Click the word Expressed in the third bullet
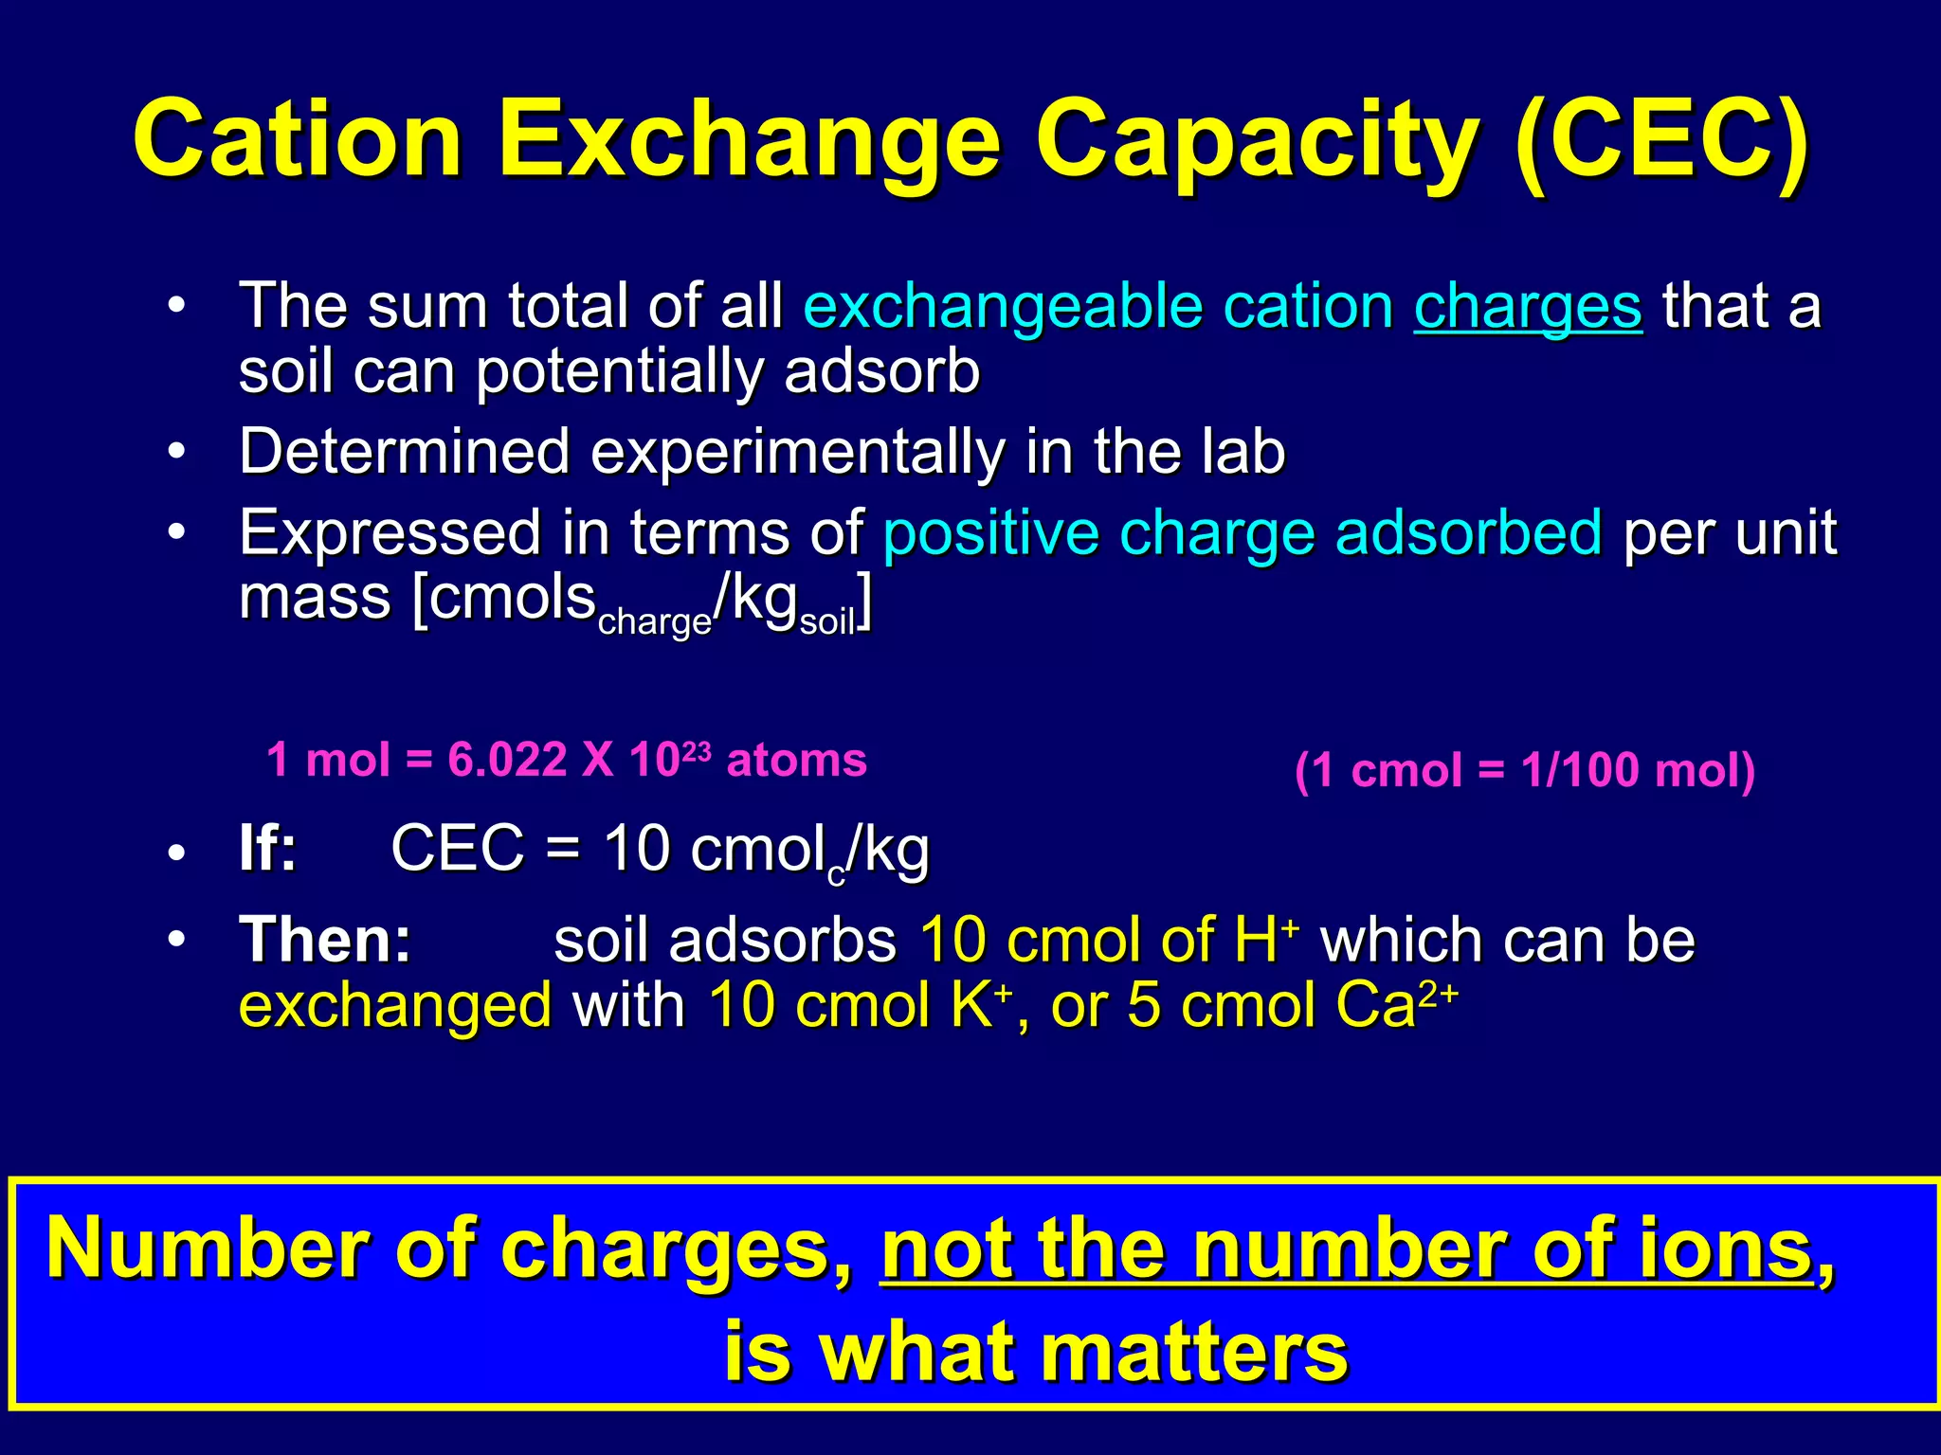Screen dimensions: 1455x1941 click(390, 532)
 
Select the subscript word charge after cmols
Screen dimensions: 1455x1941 click(655, 621)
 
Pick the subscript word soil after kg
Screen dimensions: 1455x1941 click(827, 622)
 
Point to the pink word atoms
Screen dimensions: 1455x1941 click(796, 760)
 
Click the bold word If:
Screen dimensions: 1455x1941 click(268, 848)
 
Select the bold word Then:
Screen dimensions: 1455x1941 click(325, 940)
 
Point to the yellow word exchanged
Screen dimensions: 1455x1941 click(395, 1006)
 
